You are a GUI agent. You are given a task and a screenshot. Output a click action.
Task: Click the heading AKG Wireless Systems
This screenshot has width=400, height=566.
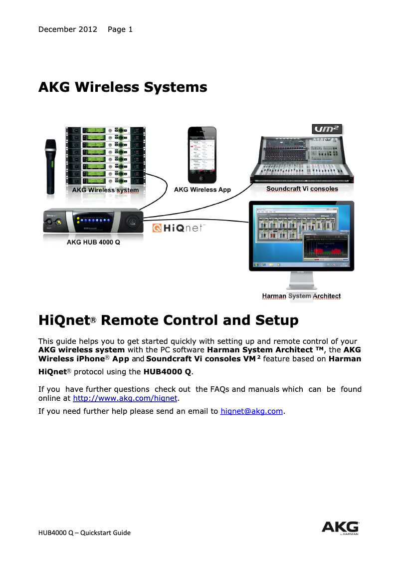click(x=123, y=87)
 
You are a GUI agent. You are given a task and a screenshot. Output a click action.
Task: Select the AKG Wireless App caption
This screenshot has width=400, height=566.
click(x=202, y=190)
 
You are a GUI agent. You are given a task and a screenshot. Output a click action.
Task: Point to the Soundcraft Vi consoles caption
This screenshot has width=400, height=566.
click(x=302, y=189)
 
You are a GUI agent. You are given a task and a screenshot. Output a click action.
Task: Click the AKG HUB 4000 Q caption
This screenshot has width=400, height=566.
click(x=93, y=243)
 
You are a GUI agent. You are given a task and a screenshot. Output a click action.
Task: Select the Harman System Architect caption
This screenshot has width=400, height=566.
click(x=301, y=296)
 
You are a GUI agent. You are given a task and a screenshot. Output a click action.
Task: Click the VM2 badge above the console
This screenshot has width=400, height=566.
click(x=327, y=129)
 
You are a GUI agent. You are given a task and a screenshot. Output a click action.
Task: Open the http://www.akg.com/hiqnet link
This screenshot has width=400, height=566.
click(x=125, y=398)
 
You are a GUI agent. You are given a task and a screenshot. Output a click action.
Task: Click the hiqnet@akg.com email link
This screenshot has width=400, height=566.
click(x=251, y=411)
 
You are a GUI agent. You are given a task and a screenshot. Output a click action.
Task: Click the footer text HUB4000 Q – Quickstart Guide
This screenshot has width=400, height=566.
click(x=84, y=533)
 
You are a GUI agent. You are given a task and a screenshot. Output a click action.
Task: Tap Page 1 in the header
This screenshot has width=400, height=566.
click(x=120, y=29)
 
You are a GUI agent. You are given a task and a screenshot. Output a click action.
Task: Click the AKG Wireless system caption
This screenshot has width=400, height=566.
click(x=106, y=190)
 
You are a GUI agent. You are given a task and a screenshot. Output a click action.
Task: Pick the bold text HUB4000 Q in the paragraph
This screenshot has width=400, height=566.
click(x=167, y=371)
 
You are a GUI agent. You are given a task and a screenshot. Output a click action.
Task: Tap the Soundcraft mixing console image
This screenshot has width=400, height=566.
click(x=302, y=159)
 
